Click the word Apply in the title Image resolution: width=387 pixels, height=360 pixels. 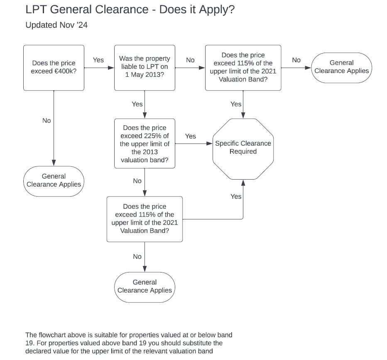click(x=216, y=9)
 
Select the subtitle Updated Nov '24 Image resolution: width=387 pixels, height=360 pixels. click(x=56, y=25)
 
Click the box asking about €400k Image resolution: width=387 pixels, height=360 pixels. click(x=54, y=68)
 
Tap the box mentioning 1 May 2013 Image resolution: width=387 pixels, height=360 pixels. click(x=145, y=68)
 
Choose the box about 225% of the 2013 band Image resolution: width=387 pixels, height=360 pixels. click(x=145, y=144)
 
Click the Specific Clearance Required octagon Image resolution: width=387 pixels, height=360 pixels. click(x=243, y=148)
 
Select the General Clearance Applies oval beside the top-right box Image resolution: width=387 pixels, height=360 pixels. click(x=341, y=67)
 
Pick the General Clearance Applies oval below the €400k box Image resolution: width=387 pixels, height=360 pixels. click(x=54, y=180)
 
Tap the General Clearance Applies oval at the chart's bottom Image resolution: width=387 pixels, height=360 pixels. click(x=145, y=287)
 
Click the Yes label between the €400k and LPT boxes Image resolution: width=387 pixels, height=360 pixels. click(x=98, y=60)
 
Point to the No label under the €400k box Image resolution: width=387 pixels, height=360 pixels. click(x=47, y=121)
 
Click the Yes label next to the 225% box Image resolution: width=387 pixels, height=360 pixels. click(x=191, y=136)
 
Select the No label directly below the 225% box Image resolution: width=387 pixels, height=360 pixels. click(x=137, y=181)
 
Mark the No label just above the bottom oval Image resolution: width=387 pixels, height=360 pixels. click(x=137, y=257)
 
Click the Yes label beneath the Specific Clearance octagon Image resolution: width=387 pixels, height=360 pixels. click(x=236, y=197)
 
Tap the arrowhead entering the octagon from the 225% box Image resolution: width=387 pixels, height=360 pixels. click(x=210, y=144)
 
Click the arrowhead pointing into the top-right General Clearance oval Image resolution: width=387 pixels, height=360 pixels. click(x=309, y=67)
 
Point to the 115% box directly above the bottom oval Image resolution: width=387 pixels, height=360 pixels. click(x=145, y=219)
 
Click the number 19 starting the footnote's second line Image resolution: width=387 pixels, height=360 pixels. click(x=29, y=343)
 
